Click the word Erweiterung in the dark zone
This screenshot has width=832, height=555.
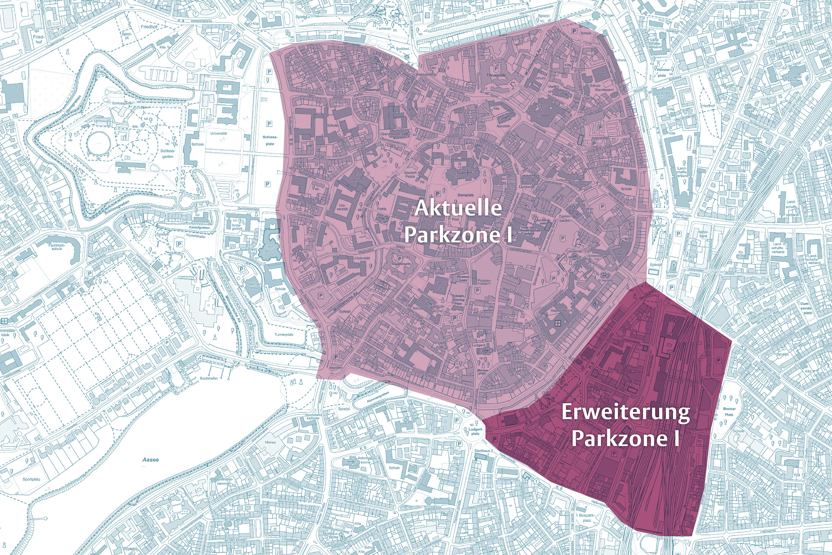[x=625, y=413]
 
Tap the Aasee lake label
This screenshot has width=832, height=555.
[x=151, y=460]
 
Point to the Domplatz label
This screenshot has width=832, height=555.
[x=466, y=195]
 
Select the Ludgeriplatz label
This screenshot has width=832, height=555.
[x=475, y=431]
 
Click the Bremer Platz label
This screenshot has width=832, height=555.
[x=729, y=411]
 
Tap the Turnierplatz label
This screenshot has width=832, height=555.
[x=284, y=334]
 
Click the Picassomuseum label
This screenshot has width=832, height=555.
[x=484, y=282]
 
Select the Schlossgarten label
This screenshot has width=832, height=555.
[x=168, y=154]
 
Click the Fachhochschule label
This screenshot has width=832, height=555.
[x=57, y=247]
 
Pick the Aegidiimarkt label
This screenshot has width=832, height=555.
[x=401, y=264]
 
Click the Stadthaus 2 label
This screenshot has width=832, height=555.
[x=484, y=451]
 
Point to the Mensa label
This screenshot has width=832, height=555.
[x=270, y=442]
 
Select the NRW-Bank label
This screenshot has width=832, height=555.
[x=703, y=234]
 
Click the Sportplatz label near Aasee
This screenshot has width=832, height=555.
[x=32, y=479]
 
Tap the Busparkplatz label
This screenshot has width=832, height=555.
[x=587, y=518]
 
